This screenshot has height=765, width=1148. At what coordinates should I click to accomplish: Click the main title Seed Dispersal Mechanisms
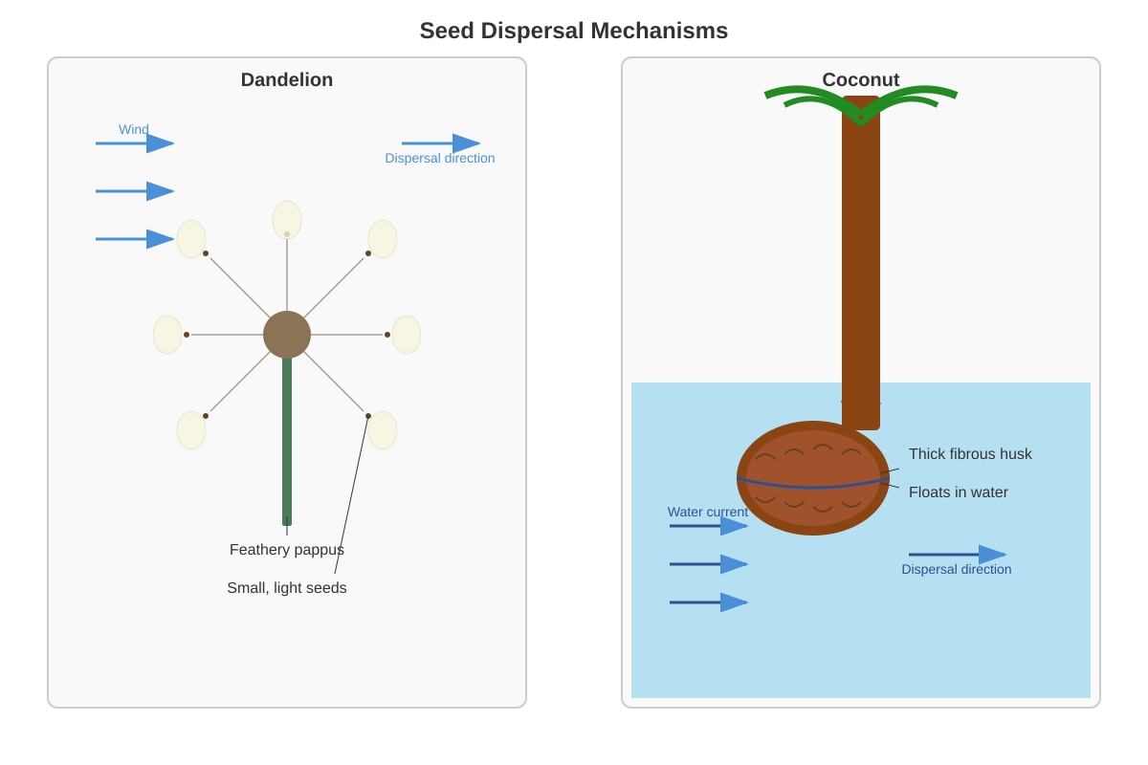click(573, 31)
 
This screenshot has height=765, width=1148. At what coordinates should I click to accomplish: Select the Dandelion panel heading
click(287, 80)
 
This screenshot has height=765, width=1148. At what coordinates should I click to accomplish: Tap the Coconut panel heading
click(860, 80)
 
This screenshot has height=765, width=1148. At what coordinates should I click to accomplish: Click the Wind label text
click(134, 129)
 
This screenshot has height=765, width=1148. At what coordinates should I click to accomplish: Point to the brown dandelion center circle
click(287, 335)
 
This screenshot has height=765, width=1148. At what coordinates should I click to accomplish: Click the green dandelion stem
click(287, 441)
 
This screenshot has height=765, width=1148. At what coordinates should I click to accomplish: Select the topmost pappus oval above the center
click(287, 220)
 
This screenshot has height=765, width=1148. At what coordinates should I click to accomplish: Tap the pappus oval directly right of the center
click(407, 335)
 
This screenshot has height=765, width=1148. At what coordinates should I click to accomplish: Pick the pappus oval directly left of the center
click(167, 335)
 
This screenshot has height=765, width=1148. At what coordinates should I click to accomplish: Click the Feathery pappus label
click(287, 550)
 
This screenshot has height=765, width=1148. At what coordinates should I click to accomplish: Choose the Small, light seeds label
click(287, 588)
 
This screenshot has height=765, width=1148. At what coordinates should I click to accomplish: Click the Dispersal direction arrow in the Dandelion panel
click(441, 143)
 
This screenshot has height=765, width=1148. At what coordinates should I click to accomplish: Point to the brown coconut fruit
click(813, 478)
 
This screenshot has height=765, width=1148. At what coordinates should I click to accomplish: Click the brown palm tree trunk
click(861, 263)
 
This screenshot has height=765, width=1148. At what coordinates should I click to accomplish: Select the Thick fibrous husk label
click(970, 454)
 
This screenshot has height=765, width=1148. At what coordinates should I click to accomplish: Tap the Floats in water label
click(959, 492)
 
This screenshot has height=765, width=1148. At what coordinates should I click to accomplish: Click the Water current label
click(708, 512)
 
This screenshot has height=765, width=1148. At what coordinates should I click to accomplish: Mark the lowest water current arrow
click(709, 602)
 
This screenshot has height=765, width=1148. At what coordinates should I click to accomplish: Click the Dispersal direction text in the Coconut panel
click(957, 569)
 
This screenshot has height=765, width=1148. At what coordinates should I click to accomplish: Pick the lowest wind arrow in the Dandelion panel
click(135, 239)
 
